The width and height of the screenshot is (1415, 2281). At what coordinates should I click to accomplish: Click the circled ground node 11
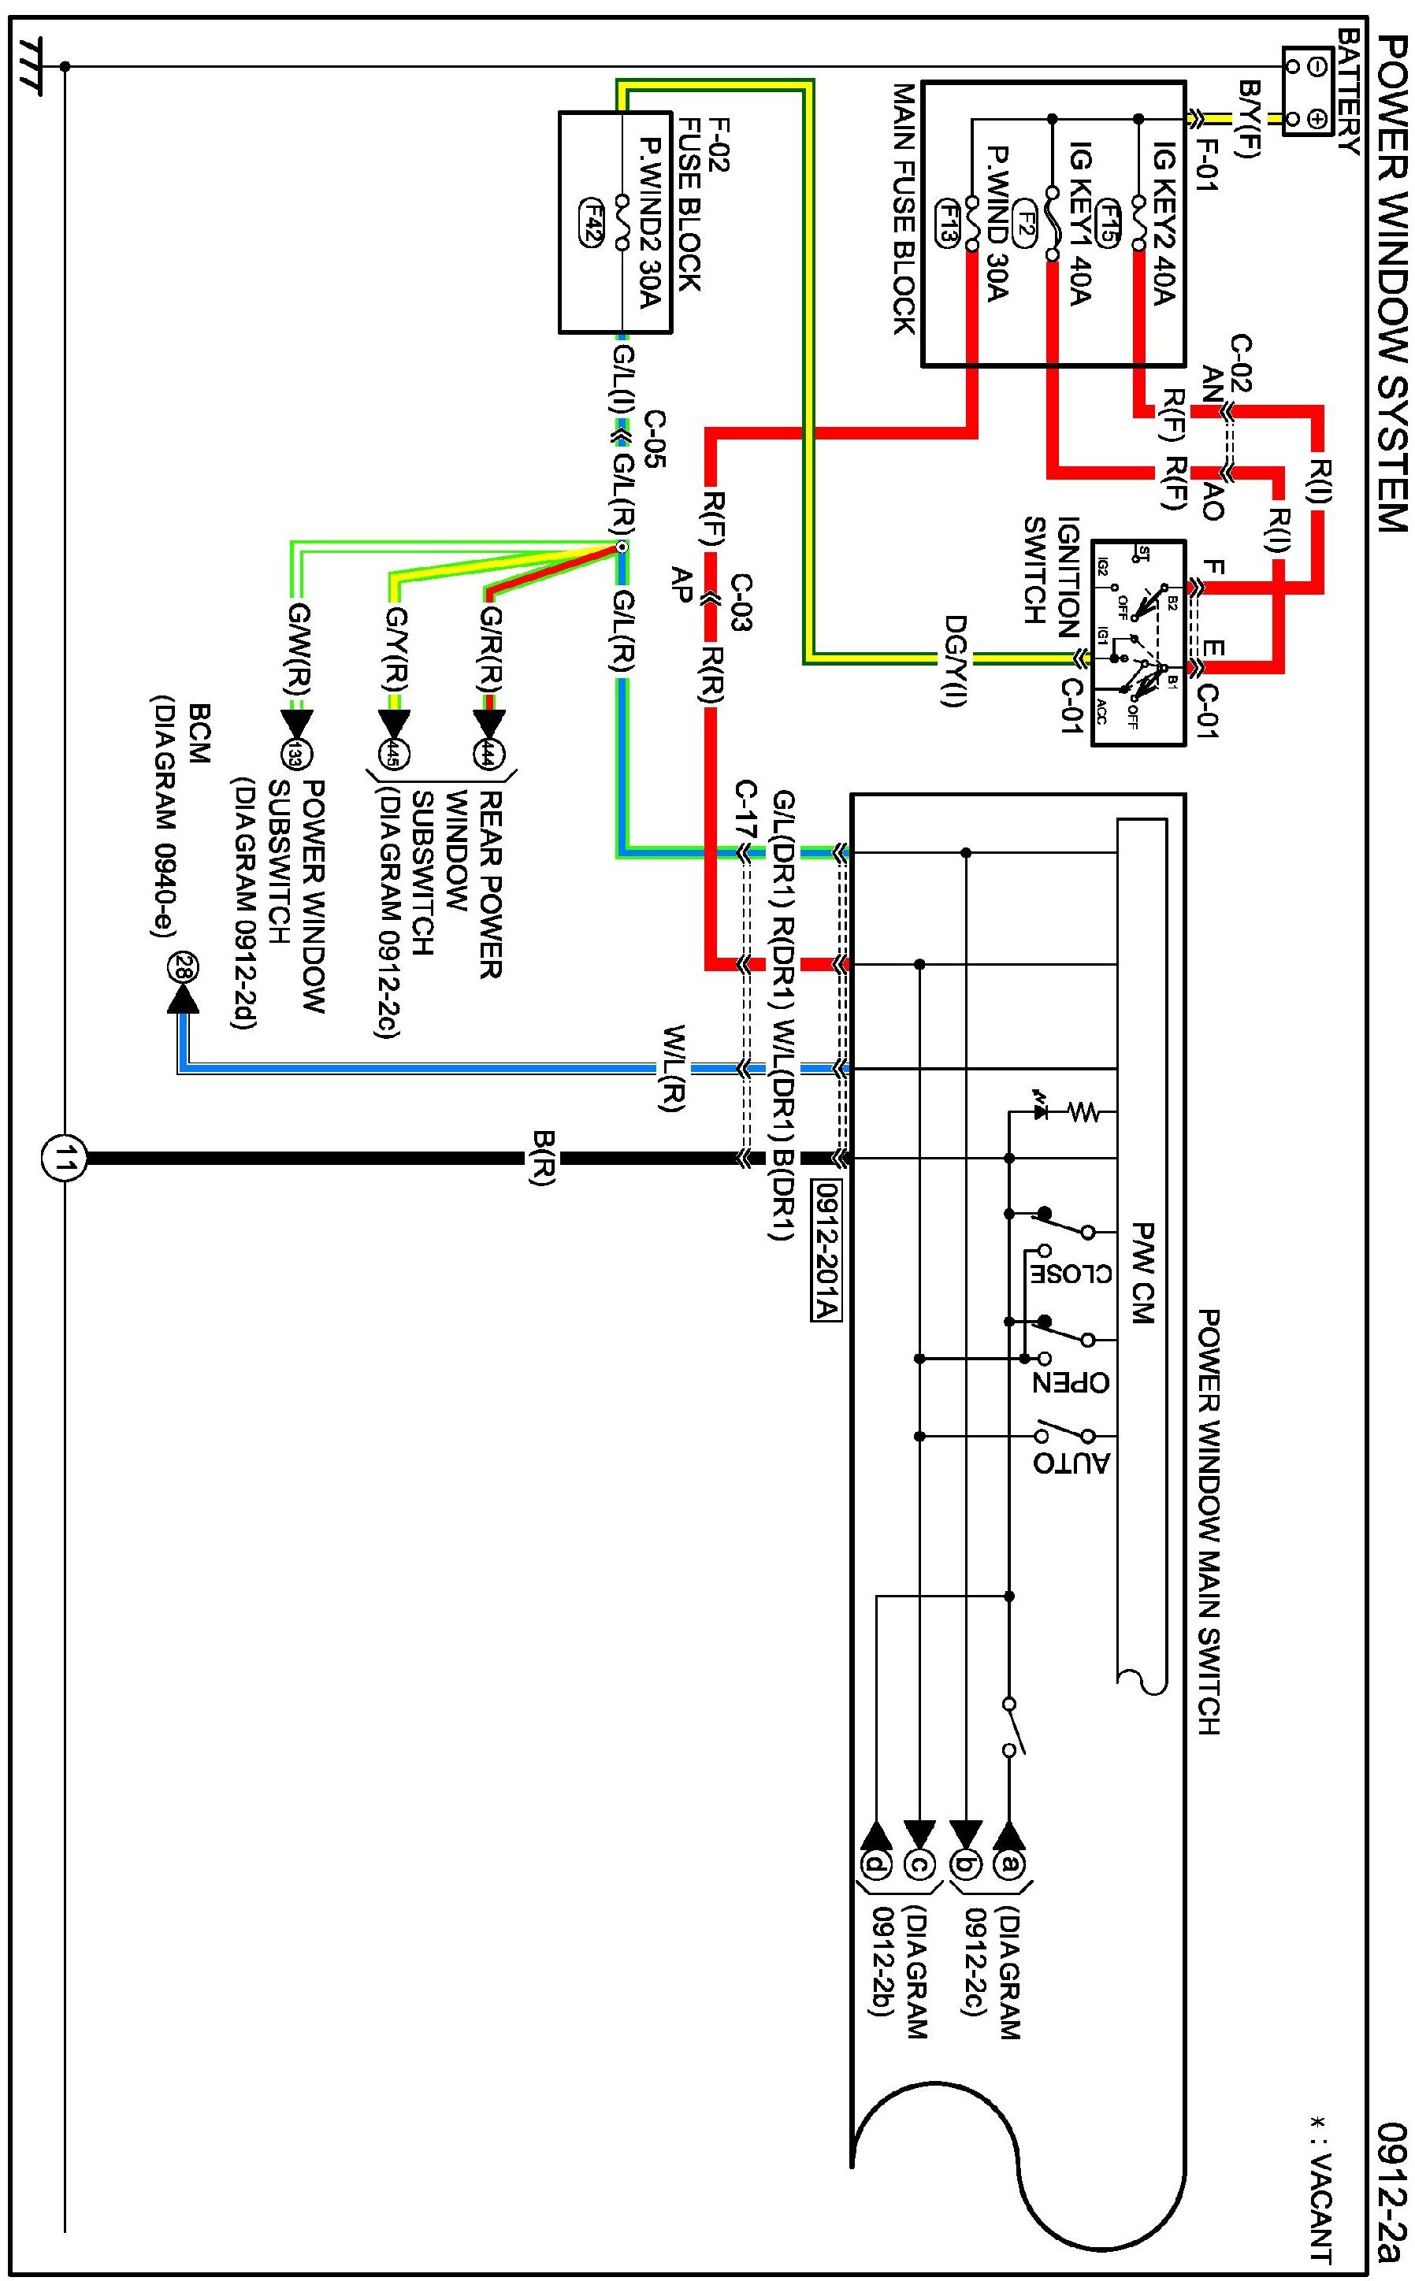click(63, 1160)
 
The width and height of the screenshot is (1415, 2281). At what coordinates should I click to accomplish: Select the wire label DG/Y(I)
click(953, 661)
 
